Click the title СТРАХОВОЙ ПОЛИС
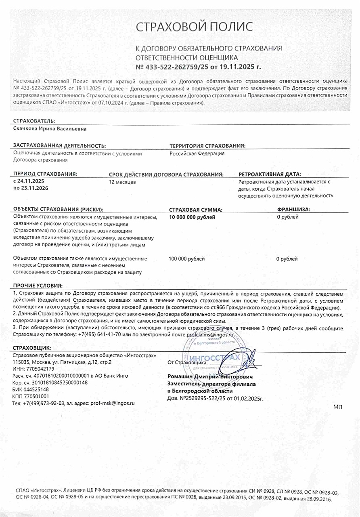point(194,27)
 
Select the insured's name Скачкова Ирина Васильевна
point(50,129)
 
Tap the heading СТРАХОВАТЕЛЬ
point(34,121)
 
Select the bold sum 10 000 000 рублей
point(192,217)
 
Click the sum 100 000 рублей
point(187,258)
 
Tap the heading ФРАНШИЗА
point(296,209)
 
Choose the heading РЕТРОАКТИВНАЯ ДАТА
point(270,174)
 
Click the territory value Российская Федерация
point(197,153)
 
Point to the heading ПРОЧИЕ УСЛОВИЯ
point(38,285)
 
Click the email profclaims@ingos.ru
point(210,335)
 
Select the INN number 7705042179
point(40,369)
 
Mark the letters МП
point(338,406)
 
